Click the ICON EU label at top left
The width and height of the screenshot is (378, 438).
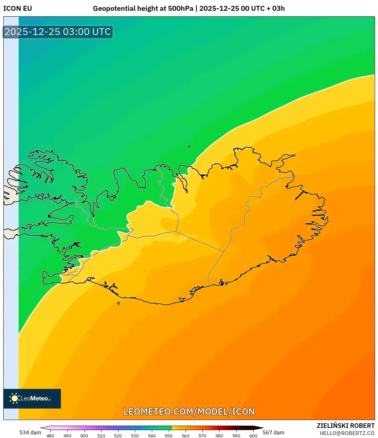(x=18, y=9)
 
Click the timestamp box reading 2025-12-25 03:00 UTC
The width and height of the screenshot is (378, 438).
(x=58, y=32)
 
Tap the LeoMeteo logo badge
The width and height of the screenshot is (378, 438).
(x=32, y=398)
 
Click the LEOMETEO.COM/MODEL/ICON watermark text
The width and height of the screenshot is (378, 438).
(x=189, y=411)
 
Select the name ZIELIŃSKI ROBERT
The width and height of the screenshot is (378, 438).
(x=345, y=426)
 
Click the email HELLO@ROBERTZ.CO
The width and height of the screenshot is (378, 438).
(x=347, y=433)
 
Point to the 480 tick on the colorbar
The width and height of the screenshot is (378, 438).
(x=50, y=436)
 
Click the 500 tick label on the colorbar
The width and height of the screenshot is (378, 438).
(x=84, y=436)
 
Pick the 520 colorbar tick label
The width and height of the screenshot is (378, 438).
(x=118, y=436)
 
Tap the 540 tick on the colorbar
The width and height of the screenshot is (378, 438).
(x=152, y=436)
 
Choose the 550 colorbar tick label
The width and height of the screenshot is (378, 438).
(x=169, y=436)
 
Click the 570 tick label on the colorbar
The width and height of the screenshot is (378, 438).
(x=202, y=436)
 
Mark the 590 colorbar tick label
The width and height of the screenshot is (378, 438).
(x=236, y=436)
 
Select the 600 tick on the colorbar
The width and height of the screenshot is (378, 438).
(x=253, y=436)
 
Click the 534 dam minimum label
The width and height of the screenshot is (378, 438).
(x=30, y=432)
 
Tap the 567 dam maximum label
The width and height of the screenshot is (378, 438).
(x=273, y=432)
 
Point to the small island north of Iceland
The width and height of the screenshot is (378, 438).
(x=189, y=147)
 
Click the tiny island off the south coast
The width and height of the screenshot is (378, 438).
(x=118, y=303)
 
